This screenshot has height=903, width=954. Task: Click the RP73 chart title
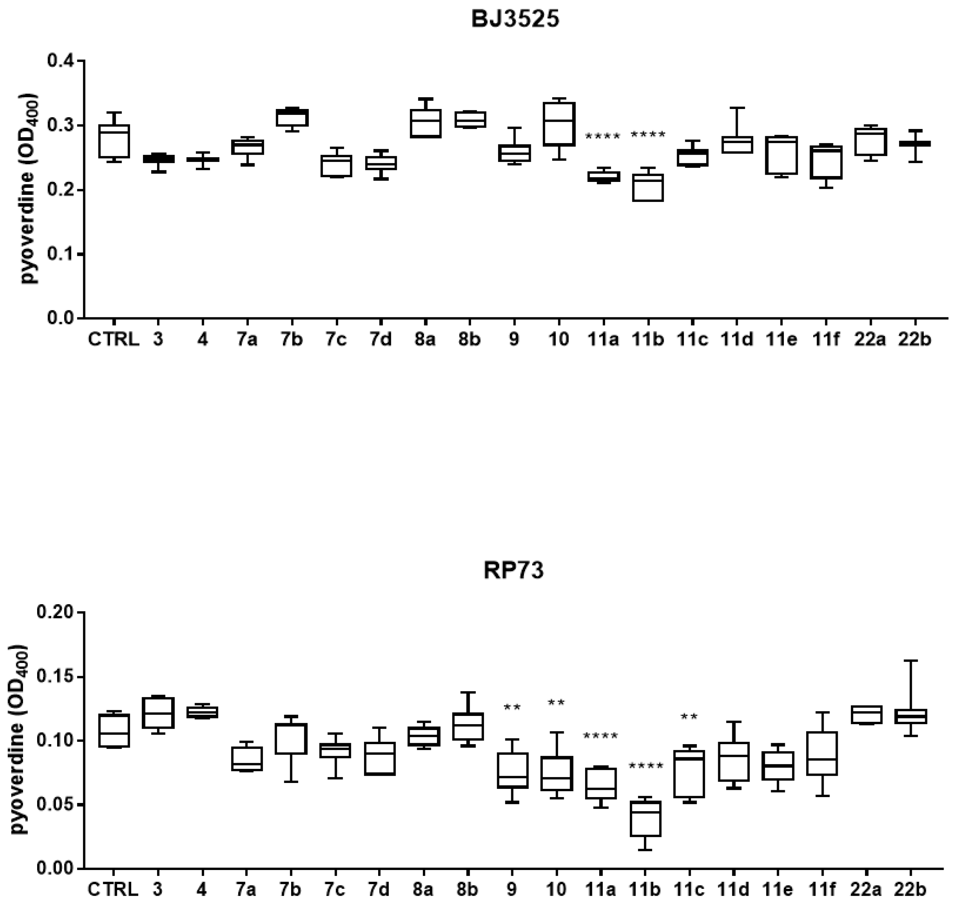point(514,571)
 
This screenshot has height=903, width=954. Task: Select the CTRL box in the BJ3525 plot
point(113,141)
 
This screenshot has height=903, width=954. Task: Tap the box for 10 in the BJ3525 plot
point(559,124)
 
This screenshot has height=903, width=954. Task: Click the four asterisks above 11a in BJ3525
point(603,137)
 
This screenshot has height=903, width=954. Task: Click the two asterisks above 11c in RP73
point(689,717)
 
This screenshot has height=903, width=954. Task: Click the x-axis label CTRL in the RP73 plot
point(113,890)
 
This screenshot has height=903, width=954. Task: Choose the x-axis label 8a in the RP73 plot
point(424,890)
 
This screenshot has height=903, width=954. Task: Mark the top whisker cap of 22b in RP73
point(911,661)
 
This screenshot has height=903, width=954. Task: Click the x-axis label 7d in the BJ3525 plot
point(380,340)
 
